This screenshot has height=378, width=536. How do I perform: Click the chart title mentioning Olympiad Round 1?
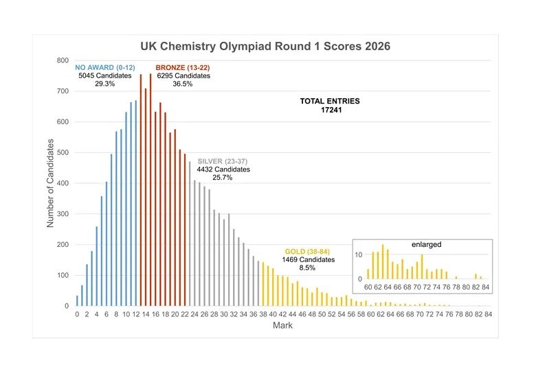[x=265, y=47]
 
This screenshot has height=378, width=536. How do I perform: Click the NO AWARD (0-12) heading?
[x=105, y=67]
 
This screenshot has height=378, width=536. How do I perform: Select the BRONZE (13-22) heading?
[x=183, y=67]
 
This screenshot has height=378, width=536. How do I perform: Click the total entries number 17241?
[x=330, y=110]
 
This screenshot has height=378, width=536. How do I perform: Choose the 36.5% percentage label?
[x=183, y=84]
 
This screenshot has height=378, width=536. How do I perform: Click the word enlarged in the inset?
[x=427, y=244]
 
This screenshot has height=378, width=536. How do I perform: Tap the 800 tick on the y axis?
[x=63, y=60]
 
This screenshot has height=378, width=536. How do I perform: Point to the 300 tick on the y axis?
[x=63, y=214]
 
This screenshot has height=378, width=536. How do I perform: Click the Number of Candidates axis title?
[x=50, y=183]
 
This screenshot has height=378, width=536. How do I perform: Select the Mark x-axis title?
[x=282, y=326]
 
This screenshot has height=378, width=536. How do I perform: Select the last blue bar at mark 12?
[x=136, y=203]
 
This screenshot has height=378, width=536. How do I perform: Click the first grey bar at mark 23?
[x=190, y=233]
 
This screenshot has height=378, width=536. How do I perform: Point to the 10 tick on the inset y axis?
[x=359, y=255]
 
